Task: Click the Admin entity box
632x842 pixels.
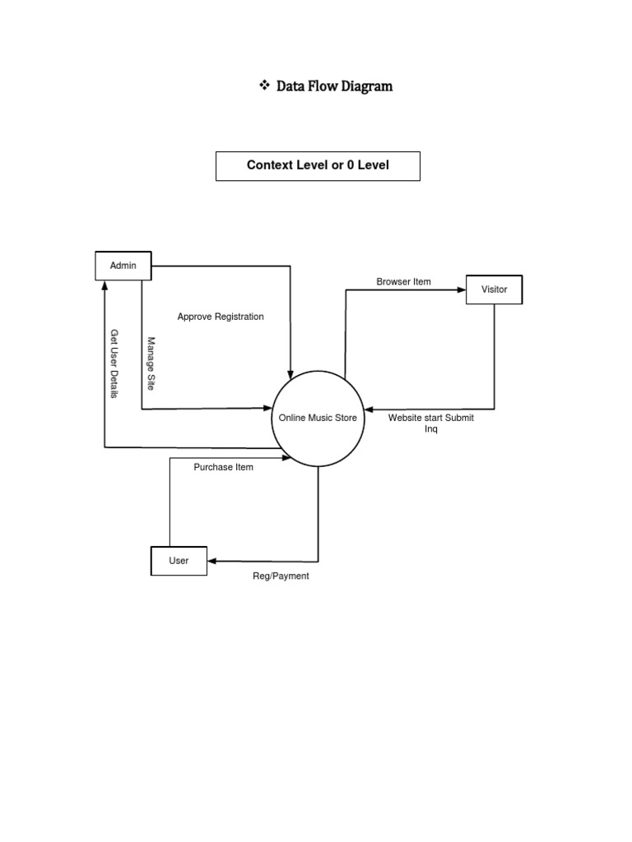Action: tap(123, 266)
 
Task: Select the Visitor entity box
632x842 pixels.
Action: tap(494, 289)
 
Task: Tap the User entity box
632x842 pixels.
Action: tap(179, 561)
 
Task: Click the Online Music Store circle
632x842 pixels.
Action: tap(318, 418)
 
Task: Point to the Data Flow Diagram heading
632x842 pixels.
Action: tap(334, 86)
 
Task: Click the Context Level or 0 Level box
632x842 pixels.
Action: tap(318, 165)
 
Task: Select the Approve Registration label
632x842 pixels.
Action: tap(221, 317)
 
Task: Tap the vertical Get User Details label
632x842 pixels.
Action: tap(114, 364)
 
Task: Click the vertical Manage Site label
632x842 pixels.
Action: tap(151, 363)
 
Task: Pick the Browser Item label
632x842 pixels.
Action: tap(403, 282)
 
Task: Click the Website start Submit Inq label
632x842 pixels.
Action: tap(430, 423)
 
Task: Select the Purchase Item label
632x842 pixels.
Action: tap(223, 467)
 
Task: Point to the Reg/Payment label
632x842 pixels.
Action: tap(281, 576)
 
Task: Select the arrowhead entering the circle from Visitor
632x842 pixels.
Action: tap(368, 409)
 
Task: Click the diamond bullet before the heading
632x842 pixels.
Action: tap(264, 86)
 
